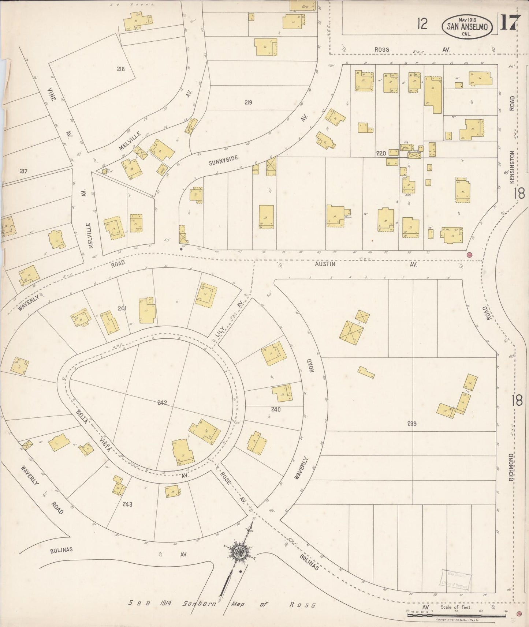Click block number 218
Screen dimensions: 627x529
pos(121,69)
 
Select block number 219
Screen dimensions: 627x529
pos(248,102)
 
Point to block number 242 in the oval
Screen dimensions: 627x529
pos(162,403)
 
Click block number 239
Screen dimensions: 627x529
pos(412,424)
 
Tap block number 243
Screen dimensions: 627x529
pos(127,504)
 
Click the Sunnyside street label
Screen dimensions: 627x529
pos(224,160)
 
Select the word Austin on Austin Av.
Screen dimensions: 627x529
pos(325,263)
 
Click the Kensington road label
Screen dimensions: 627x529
pos(512,167)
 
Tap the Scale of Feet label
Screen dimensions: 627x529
pos(456,607)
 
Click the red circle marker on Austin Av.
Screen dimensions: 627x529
pos(469,255)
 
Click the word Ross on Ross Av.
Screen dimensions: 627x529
pos(381,49)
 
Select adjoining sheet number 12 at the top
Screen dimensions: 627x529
pos(422,24)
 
